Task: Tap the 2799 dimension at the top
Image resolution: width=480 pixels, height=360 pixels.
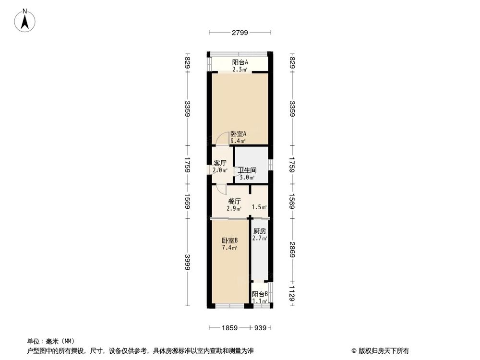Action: tap(239, 33)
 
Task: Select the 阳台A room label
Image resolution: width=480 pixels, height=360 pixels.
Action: tap(240, 62)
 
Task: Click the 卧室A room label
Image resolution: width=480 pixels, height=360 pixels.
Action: tap(239, 134)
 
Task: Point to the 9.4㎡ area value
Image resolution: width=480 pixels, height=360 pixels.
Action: tap(238, 141)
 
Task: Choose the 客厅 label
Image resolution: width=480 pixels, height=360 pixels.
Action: tap(220, 163)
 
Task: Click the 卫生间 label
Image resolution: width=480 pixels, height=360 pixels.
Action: tap(247, 170)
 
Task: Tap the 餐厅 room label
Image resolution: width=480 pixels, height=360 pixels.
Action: tap(234, 202)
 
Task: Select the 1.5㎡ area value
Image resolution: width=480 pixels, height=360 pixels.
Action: tap(259, 207)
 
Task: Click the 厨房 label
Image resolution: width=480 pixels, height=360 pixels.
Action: tap(260, 231)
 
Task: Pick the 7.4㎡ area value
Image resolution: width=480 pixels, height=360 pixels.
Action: tap(229, 248)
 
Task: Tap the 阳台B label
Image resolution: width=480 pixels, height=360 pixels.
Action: tap(260, 294)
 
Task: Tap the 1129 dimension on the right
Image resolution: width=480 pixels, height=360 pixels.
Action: tap(292, 293)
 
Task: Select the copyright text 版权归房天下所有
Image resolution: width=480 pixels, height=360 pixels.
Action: tap(384, 350)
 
